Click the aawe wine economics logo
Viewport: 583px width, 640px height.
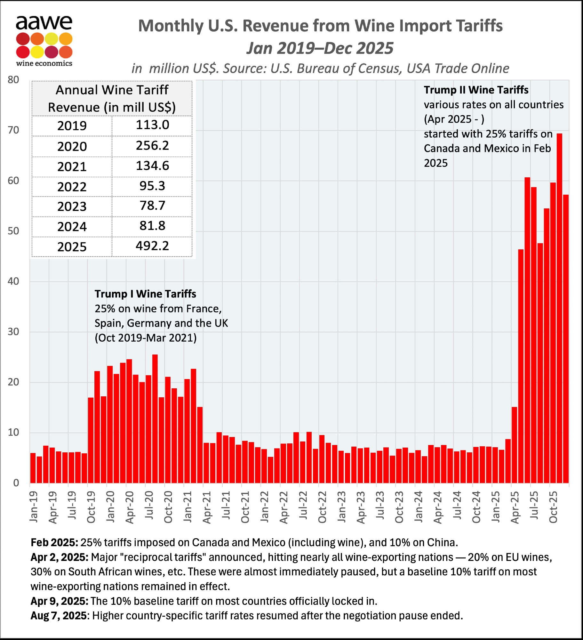coord(44,41)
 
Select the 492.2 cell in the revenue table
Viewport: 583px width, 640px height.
coord(152,246)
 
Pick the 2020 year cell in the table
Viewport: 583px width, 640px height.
coord(72,147)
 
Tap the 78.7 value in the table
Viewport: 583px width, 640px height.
coord(152,206)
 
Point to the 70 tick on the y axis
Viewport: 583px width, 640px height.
coord(13,130)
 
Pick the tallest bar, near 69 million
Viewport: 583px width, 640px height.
coord(559,307)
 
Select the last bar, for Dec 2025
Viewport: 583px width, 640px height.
coord(566,339)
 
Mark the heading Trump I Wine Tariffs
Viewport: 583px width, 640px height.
coord(145,294)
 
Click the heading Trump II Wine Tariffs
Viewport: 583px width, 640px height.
coord(476,90)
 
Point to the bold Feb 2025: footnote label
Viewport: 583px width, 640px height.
coord(54,543)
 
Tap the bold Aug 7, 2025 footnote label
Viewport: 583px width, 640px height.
coord(59,616)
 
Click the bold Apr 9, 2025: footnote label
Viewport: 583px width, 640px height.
coord(60,601)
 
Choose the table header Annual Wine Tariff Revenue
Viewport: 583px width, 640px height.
coord(112,99)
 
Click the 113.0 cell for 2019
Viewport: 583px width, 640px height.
coord(152,125)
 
